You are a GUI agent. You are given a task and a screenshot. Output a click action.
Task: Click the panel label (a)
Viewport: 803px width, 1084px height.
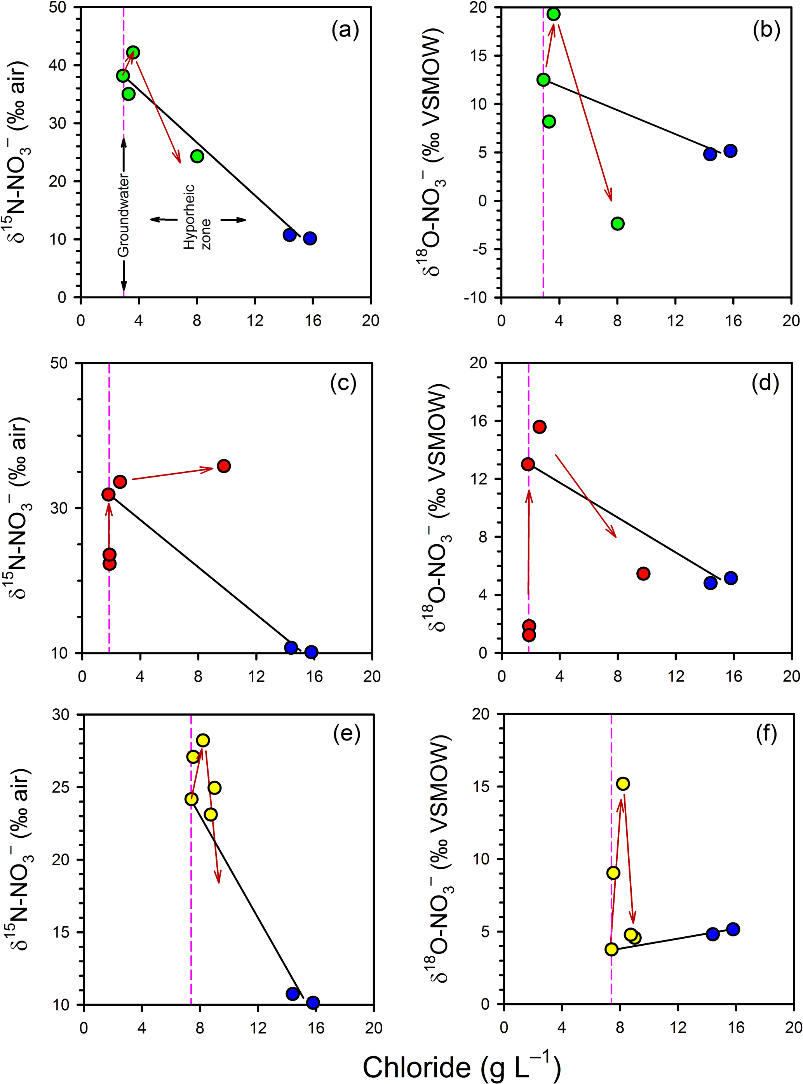pos(345,31)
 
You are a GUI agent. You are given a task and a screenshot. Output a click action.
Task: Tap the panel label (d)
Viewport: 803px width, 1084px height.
pos(765,383)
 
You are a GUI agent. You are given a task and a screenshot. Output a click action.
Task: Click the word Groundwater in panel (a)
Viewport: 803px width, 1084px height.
pos(124,215)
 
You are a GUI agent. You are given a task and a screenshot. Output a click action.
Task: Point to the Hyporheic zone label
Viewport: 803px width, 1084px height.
pos(197,217)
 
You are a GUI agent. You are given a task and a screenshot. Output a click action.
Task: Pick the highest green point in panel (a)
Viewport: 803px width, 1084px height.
pos(133,52)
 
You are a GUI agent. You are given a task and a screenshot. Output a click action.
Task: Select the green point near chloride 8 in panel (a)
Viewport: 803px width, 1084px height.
pos(197,156)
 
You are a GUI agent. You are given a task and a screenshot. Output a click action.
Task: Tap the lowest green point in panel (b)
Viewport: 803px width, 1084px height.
pos(617,224)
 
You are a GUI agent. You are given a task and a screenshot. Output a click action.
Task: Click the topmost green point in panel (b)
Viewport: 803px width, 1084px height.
pos(553,14)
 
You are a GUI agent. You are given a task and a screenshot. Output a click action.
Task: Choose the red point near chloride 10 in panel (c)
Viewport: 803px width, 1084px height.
pos(224,466)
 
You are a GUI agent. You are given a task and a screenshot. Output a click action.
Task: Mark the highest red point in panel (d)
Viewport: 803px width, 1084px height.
pos(539,427)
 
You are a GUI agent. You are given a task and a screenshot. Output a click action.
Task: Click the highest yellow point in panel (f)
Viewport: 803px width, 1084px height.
pos(623,784)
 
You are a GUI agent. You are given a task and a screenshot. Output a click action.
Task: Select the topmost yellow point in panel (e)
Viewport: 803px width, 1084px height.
pos(203,740)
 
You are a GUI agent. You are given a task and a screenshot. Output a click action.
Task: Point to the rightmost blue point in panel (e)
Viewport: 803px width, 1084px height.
pos(313,1002)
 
